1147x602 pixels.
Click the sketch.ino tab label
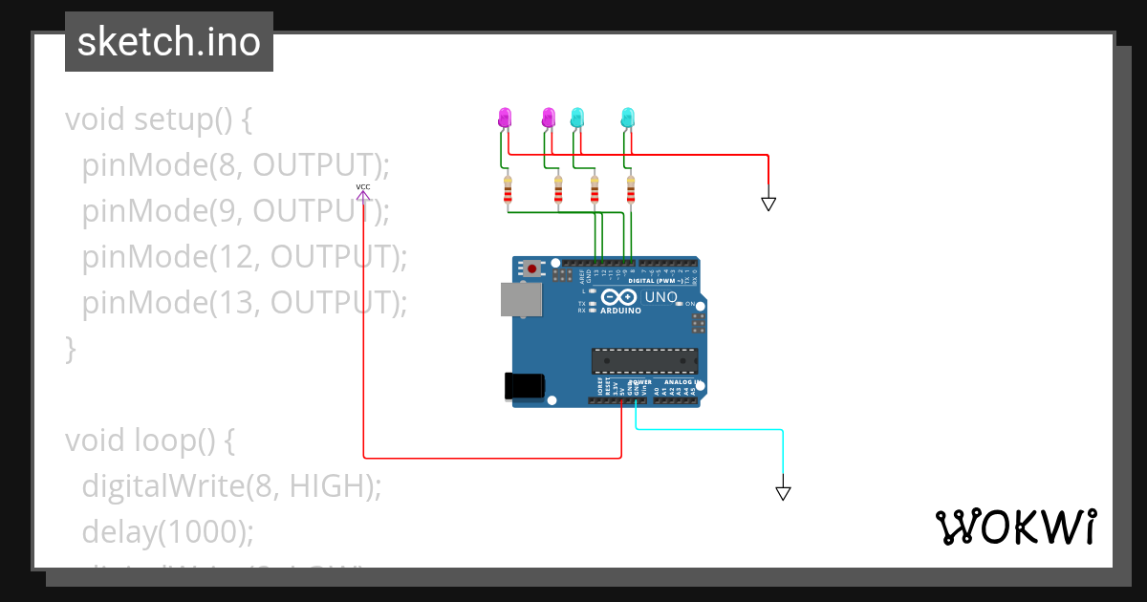click(x=168, y=42)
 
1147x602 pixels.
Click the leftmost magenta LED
click(x=505, y=118)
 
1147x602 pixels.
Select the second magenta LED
click(x=549, y=118)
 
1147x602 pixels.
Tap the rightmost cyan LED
click(x=628, y=118)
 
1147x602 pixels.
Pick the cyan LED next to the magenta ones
click(x=576, y=118)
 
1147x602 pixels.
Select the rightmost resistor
click(x=630, y=192)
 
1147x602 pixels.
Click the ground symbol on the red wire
click(x=768, y=204)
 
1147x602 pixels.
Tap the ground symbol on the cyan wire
click(x=783, y=493)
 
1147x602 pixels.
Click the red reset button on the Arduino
click(x=530, y=269)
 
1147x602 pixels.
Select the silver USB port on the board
click(x=521, y=299)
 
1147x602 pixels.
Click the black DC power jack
click(x=524, y=386)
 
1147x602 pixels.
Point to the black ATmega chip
click(x=644, y=361)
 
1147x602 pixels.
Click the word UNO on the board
click(x=661, y=297)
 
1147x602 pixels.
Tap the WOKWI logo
click(x=1015, y=527)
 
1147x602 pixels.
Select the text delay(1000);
click(x=168, y=531)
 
